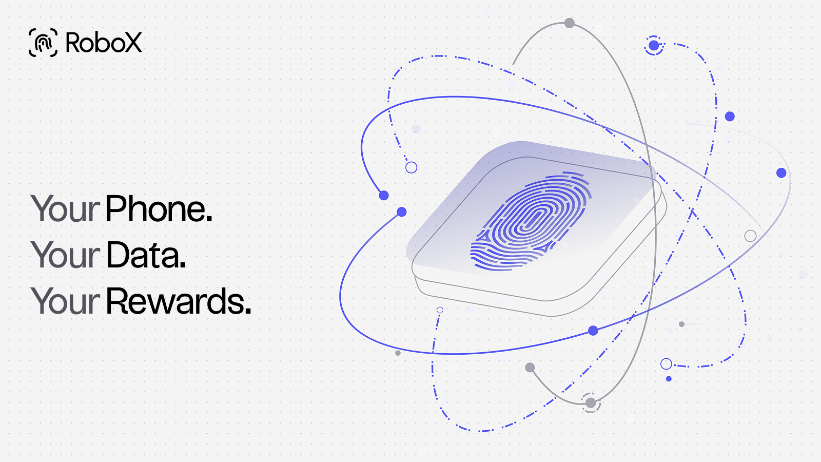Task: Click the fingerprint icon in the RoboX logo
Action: (43, 43)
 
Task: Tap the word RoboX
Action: (104, 43)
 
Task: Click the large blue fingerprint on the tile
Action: (531, 221)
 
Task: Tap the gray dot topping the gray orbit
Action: (569, 23)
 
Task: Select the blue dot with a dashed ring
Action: (654, 46)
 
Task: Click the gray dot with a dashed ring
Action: (591, 403)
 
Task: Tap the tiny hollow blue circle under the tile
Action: (440, 310)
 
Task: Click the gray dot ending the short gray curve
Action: (530, 368)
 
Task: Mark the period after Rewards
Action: (248, 311)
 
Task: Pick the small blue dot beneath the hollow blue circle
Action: (669, 379)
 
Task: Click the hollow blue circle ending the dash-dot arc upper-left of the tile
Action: (411, 167)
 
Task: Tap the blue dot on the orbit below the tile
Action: (593, 331)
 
